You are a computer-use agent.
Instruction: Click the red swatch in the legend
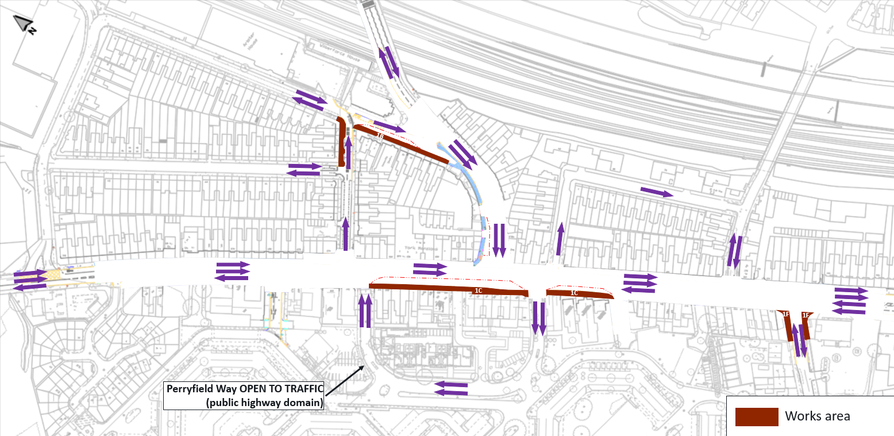click(x=757, y=416)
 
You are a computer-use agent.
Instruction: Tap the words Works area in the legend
click(x=818, y=416)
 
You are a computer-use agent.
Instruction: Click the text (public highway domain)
click(x=265, y=402)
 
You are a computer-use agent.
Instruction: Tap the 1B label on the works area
click(x=380, y=136)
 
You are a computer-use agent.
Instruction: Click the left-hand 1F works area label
click(x=786, y=314)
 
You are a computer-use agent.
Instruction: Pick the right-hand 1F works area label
click(x=806, y=315)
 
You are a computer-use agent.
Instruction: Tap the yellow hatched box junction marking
click(x=54, y=275)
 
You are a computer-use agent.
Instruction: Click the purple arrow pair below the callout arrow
click(x=451, y=388)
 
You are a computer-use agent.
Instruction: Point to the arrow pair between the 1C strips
click(x=538, y=318)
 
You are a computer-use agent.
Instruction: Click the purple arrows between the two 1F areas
click(x=799, y=340)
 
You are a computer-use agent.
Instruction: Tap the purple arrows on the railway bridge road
click(x=388, y=62)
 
